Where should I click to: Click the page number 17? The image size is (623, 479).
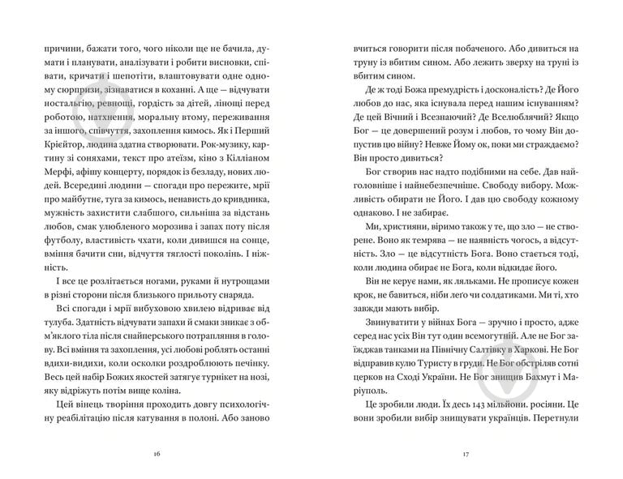click(466, 453)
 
